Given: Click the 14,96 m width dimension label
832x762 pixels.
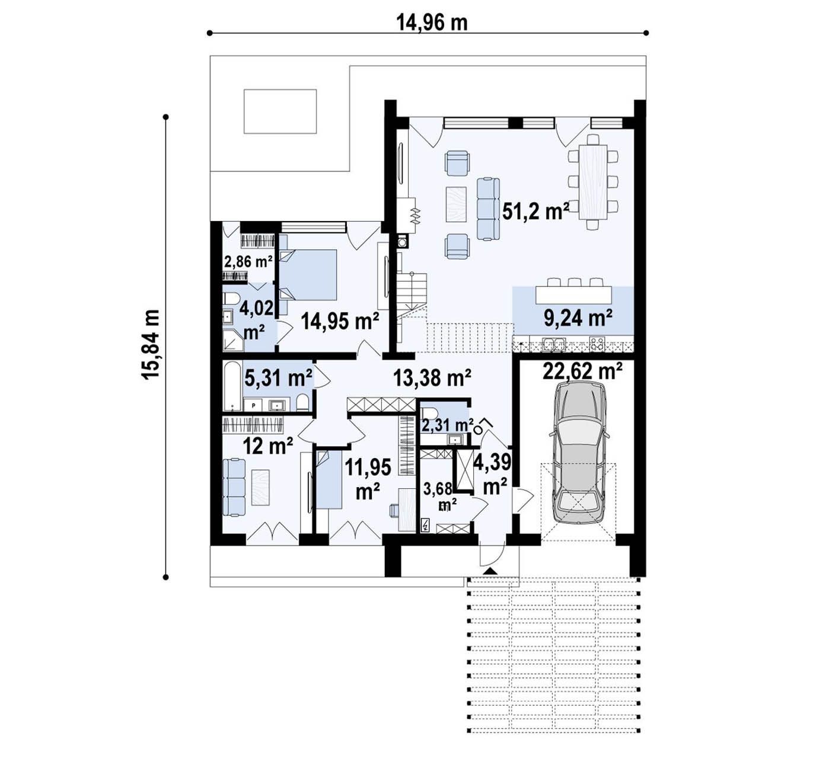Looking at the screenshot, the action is [x=432, y=23].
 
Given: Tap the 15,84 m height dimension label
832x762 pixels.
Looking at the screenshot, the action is [x=150, y=344].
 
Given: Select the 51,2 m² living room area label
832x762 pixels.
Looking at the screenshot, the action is [x=535, y=212].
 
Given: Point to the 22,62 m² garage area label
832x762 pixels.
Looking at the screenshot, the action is [x=582, y=371].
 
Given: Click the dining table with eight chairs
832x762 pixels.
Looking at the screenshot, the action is [x=593, y=181].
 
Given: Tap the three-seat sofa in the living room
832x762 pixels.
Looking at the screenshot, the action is [x=487, y=209].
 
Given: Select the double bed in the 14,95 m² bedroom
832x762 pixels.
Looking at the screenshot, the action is [x=307, y=274].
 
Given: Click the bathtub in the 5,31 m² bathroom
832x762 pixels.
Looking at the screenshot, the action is [x=232, y=386].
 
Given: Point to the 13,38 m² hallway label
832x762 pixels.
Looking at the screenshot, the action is [x=432, y=377].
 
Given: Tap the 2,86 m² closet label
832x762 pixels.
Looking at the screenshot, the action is [x=248, y=261].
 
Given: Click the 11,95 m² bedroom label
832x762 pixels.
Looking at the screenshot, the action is [x=368, y=479].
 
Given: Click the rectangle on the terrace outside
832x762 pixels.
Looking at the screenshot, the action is [x=280, y=111].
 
